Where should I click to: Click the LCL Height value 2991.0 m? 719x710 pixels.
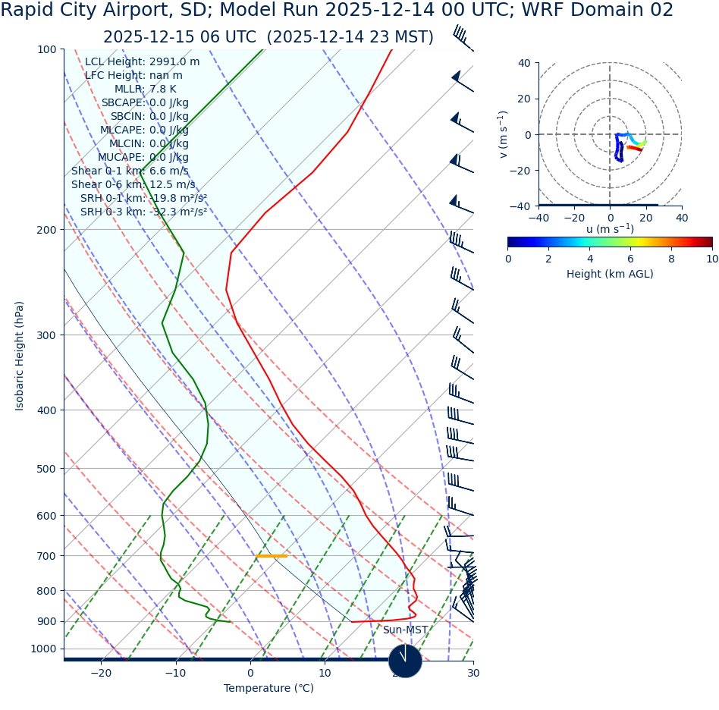[x=174, y=62]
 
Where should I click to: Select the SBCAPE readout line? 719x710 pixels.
[x=145, y=103]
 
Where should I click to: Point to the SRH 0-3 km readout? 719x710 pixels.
[x=143, y=212]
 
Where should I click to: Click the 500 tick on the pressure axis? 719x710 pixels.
[x=47, y=469]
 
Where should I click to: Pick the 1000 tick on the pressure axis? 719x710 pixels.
[x=43, y=649]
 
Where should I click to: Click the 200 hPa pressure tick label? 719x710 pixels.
[x=47, y=230]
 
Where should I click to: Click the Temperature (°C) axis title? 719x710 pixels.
[x=268, y=689]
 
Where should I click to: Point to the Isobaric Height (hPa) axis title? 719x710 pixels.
[x=20, y=356]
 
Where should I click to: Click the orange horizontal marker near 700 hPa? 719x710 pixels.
[x=272, y=556]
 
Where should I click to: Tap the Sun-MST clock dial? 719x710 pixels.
[x=405, y=661]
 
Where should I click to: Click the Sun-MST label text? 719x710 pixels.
[x=405, y=630]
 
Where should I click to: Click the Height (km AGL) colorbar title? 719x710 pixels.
[x=610, y=274]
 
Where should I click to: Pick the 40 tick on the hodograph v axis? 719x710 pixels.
[x=525, y=63]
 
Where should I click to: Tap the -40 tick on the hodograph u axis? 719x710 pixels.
[x=538, y=218]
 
